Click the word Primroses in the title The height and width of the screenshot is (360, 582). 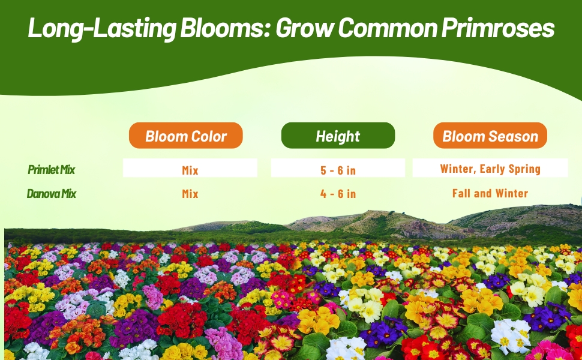pos(498,28)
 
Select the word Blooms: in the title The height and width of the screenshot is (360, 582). pos(225,28)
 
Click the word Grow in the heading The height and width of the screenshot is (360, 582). pos(304,28)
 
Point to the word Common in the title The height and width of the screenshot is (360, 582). pos(388,28)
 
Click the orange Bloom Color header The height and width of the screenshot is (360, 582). pos(185,136)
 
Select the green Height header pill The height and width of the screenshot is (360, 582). pos(338,136)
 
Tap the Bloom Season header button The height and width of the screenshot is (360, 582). pos(490,136)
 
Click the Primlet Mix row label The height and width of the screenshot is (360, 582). pos(51,170)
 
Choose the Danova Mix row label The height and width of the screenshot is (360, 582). pos(51,194)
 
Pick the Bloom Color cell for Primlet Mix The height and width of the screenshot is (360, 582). pos(190,168)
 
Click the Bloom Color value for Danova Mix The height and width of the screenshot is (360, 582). pos(190,194)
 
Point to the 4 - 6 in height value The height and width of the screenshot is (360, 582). pos(338,194)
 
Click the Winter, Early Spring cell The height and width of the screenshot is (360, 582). pos(490,168)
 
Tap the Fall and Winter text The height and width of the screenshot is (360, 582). pos(490,193)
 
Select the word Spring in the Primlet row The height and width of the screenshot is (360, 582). pos(524,169)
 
